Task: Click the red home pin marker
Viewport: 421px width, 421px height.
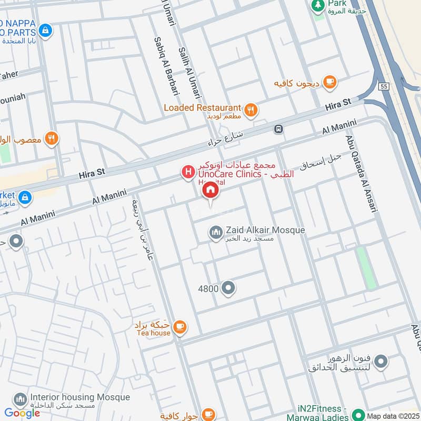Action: click(x=210, y=191)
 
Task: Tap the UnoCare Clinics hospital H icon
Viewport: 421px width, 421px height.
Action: click(x=187, y=172)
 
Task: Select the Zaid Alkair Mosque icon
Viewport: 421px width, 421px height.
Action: click(x=216, y=233)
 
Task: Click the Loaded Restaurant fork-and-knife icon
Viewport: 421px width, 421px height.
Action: click(x=252, y=109)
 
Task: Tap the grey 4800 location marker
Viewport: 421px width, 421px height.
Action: click(x=228, y=288)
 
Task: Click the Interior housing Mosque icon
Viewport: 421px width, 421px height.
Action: click(x=20, y=400)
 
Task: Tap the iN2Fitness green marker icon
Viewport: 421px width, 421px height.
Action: click(x=358, y=414)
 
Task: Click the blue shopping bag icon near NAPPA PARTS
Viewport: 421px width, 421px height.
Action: click(x=46, y=30)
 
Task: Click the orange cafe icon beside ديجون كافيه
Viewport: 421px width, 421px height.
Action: click(x=330, y=82)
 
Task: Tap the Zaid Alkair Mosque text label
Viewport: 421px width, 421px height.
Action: click(x=265, y=230)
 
